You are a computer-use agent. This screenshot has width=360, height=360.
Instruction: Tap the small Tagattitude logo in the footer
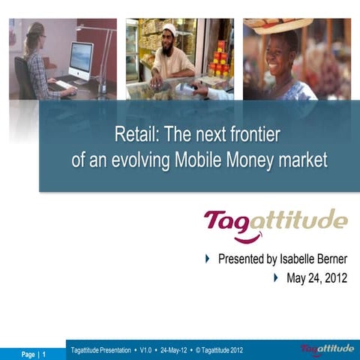(x=327, y=349)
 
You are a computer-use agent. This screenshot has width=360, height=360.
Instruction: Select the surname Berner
(x=332, y=259)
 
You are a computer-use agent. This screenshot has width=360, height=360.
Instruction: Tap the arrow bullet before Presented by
(x=208, y=259)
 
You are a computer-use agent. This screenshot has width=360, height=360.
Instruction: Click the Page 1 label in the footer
(x=33, y=353)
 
